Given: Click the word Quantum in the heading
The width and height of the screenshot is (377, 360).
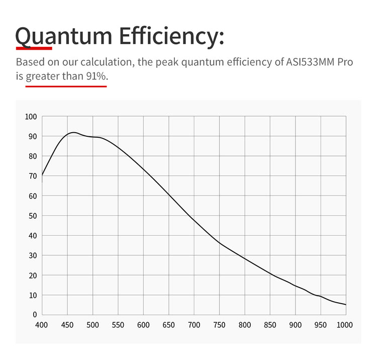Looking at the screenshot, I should click(64, 36).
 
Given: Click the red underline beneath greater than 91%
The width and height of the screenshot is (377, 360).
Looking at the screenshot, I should click(66, 86).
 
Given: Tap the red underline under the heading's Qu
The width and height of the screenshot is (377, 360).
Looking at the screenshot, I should click(34, 48).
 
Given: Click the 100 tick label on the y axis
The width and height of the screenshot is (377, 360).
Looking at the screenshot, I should click(31, 117).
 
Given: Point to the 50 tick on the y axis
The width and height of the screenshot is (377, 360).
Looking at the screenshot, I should click(33, 216).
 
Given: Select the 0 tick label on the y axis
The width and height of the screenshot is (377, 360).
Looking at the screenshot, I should click(35, 315).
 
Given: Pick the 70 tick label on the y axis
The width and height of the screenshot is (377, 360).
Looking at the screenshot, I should click(33, 176).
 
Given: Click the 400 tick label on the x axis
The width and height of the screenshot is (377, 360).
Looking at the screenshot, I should click(42, 325).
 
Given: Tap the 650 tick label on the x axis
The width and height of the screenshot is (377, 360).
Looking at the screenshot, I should click(168, 325).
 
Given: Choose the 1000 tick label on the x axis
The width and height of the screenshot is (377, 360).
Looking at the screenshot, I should click(345, 325).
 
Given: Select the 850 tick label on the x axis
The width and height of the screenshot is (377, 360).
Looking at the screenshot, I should click(270, 325).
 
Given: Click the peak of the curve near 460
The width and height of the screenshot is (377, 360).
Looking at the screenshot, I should click(73, 132).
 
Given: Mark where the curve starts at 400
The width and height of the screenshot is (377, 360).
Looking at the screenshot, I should click(42, 175).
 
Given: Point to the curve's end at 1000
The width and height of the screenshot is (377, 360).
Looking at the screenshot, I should click(346, 305).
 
